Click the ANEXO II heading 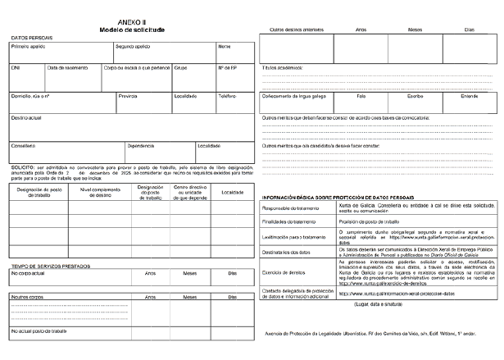(131, 22)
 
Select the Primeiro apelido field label (27, 47)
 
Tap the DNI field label (15, 68)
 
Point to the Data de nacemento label (67, 68)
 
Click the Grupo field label (181, 68)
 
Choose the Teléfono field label (227, 96)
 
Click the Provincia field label (127, 96)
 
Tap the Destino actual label (26, 117)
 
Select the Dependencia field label (140, 145)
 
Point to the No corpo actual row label (29, 273)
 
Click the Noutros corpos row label (26, 296)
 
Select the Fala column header (361, 96)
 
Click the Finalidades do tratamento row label (288, 222)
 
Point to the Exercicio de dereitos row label (284, 271)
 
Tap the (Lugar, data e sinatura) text (377, 304)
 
